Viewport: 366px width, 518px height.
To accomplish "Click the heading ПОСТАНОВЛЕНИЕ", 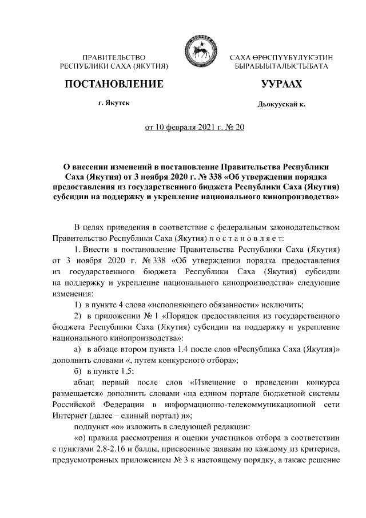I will pyautogui.click(x=114, y=85).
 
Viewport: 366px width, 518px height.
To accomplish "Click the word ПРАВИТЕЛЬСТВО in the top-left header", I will pyautogui.click(x=114, y=58).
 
